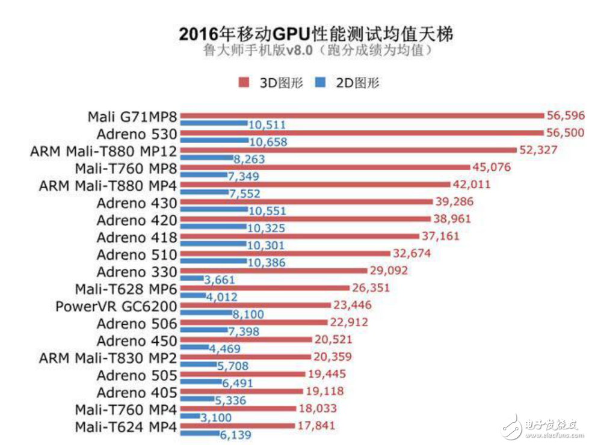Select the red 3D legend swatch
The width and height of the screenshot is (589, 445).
point(244,82)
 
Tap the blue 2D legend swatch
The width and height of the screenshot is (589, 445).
point(320,82)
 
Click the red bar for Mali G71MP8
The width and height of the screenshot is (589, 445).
point(361,115)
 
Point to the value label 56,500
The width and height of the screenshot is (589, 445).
point(564,132)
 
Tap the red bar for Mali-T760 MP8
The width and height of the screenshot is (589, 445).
point(325,167)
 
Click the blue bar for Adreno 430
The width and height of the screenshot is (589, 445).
point(214,211)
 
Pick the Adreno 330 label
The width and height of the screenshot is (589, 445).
point(137,271)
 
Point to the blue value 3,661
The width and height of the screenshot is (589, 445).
point(219,280)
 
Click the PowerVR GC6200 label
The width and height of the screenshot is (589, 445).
point(117,306)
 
